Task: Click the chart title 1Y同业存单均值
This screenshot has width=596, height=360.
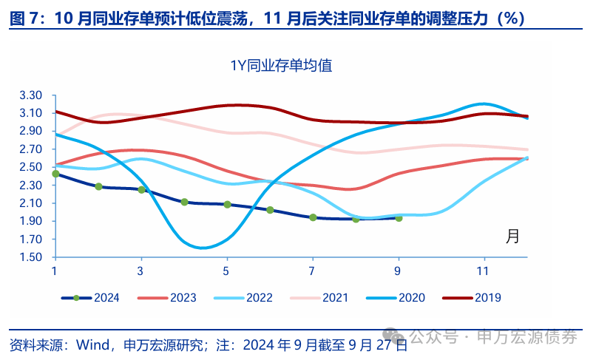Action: [280, 65]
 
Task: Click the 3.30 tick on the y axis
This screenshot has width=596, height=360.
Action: [32, 95]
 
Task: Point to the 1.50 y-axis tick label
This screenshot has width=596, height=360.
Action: [32, 257]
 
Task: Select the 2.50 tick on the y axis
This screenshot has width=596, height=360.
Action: [32, 167]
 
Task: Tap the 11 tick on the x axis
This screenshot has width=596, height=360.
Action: [484, 270]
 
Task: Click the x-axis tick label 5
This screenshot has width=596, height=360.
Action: [226, 270]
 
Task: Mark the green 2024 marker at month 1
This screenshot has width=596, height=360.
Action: [55, 174]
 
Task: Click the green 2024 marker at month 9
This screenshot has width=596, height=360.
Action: [399, 218]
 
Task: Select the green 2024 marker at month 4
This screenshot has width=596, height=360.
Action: [184, 202]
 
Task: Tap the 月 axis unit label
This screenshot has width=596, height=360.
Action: [512, 237]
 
